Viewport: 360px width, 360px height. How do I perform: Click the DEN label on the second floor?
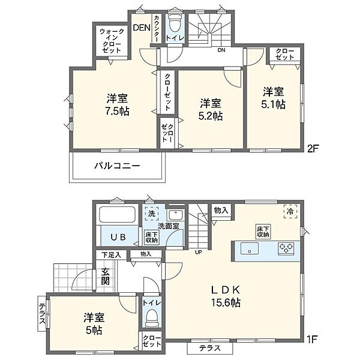(142, 28)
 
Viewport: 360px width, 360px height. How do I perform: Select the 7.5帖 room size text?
(118, 111)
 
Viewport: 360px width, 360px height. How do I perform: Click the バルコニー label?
(117, 166)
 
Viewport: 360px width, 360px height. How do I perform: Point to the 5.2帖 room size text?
(211, 116)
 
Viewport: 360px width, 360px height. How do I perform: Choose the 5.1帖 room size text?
(273, 104)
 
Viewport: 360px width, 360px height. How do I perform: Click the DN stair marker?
(221, 50)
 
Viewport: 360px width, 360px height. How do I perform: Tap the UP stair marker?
(199, 253)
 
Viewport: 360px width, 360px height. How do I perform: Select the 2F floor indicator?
(313, 149)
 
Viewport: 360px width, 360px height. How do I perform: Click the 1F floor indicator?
(311, 340)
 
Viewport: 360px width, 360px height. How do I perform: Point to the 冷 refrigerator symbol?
(290, 211)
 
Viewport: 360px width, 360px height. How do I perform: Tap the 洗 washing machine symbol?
(152, 214)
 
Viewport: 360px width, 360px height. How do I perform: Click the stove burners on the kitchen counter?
(286, 248)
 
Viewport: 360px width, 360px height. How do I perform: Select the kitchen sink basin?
(250, 248)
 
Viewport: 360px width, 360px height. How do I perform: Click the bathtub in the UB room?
(117, 214)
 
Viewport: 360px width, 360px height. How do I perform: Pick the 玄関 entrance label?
(106, 277)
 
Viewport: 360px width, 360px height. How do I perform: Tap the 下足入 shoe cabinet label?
(111, 255)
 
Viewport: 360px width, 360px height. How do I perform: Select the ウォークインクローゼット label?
(112, 41)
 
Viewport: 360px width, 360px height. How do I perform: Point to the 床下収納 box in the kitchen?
(263, 232)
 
